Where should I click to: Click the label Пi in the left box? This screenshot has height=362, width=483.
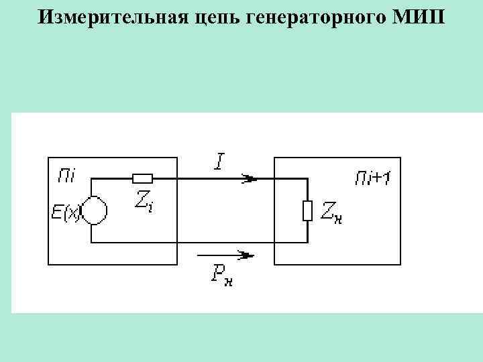(68, 177)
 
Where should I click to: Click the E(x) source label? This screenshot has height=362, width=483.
(66, 212)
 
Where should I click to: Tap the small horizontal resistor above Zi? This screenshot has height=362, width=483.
(143, 178)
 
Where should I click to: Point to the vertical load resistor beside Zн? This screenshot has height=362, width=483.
(308, 210)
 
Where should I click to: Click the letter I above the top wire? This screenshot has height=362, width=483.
(222, 160)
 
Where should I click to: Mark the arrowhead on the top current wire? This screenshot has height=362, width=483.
(250, 179)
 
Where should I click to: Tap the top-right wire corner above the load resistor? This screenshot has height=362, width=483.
(308, 179)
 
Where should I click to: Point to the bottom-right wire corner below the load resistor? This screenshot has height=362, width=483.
(308, 243)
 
